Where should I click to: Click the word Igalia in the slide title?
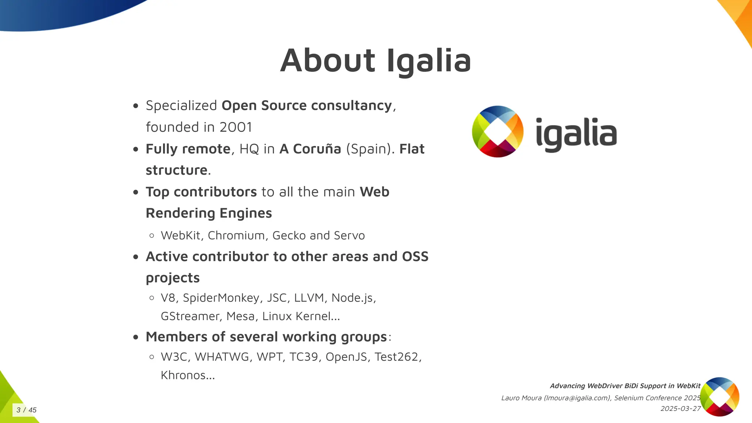(x=429, y=61)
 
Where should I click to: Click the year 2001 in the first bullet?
(x=236, y=127)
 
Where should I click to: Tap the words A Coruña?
(x=310, y=149)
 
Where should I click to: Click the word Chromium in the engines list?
(x=236, y=235)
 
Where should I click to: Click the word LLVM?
(x=309, y=298)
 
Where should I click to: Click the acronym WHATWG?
(x=222, y=357)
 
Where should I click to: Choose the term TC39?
(x=303, y=357)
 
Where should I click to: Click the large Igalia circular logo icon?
(x=498, y=131)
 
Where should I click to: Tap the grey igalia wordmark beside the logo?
(x=576, y=134)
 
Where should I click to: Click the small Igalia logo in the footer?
(x=719, y=397)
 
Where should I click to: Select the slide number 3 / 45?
(x=26, y=410)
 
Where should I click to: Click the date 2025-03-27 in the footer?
(x=680, y=409)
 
